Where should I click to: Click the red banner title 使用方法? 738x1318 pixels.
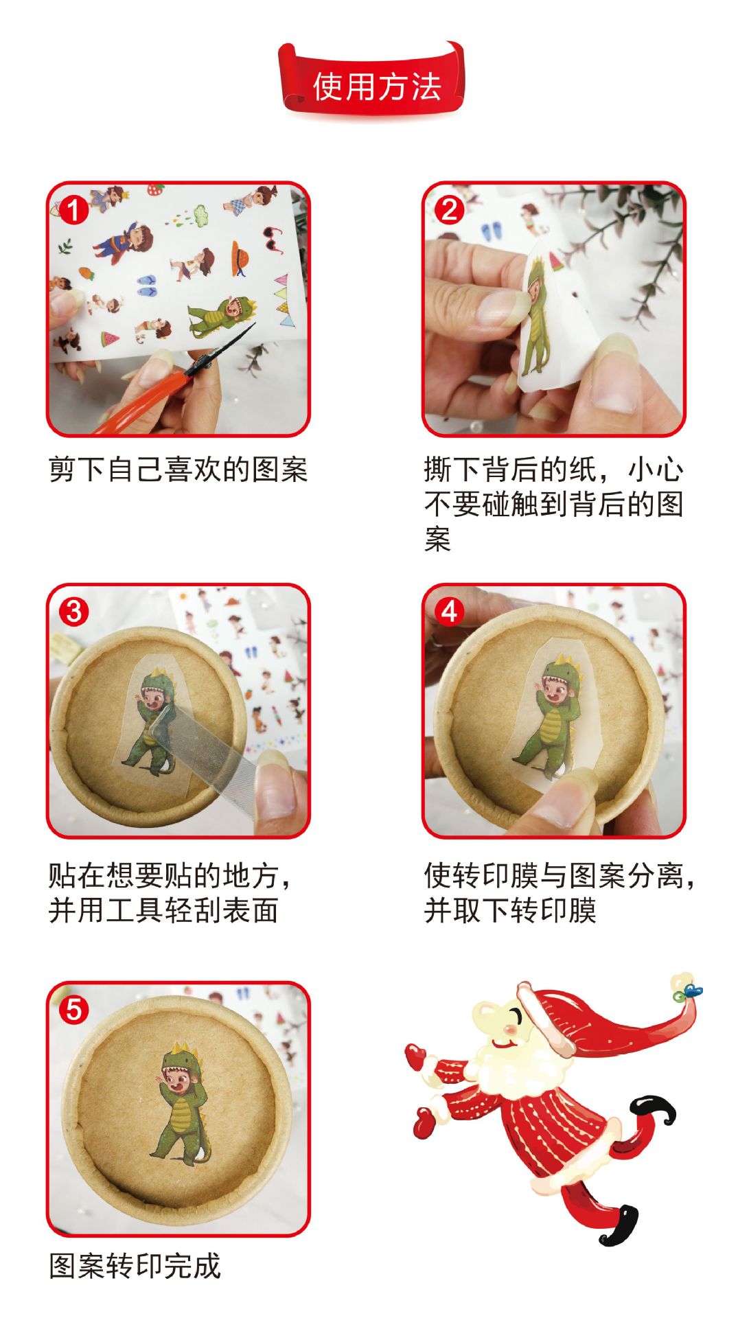click(x=377, y=86)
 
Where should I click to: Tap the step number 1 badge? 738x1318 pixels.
click(x=74, y=210)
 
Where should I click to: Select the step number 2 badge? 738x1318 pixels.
click(x=449, y=210)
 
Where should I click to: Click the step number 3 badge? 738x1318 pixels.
click(x=74, y=611)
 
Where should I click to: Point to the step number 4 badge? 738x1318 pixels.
click(x=449, y=611)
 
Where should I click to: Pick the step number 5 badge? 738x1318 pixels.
click(x=74, y=1010)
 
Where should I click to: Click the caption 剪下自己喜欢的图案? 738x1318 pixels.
click(x=178, y=470)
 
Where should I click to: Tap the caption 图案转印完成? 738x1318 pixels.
click(x=135, y=1266)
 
